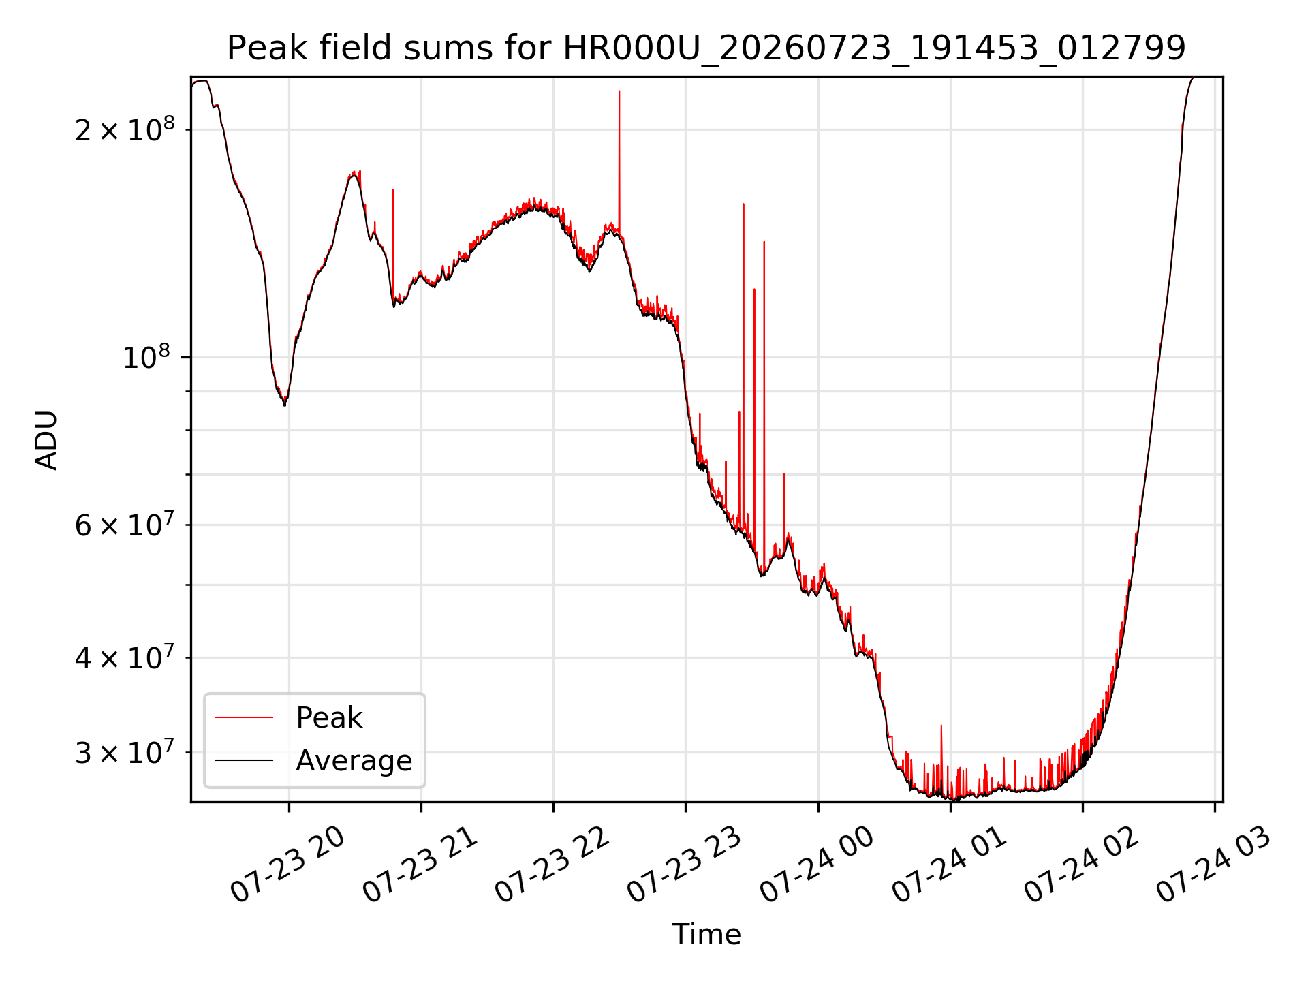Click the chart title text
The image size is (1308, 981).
[706, 48]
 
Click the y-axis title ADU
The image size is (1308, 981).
[46, 439]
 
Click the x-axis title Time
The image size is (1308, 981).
[706, 934]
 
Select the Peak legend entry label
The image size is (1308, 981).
[329, 717]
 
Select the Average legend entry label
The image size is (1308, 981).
[354, 760]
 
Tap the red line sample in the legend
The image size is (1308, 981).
[244, 717]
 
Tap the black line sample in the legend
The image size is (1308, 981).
[244, 760]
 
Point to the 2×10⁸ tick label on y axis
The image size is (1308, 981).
[125, 129]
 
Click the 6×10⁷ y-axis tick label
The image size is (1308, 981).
[125, 524]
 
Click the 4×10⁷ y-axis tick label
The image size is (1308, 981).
[125, 657]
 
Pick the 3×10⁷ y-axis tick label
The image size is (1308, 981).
[125, 751]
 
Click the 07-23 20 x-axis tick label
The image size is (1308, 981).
[287, 864]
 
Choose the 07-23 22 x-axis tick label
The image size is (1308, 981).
[552, 864]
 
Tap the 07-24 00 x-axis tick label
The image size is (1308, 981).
[817, 864]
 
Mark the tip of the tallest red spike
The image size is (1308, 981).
[619, 91]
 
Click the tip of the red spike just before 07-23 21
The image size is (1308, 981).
[393, 190]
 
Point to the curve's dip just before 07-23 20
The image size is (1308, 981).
[285, 405]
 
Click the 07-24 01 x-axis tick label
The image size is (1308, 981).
[949, 864]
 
